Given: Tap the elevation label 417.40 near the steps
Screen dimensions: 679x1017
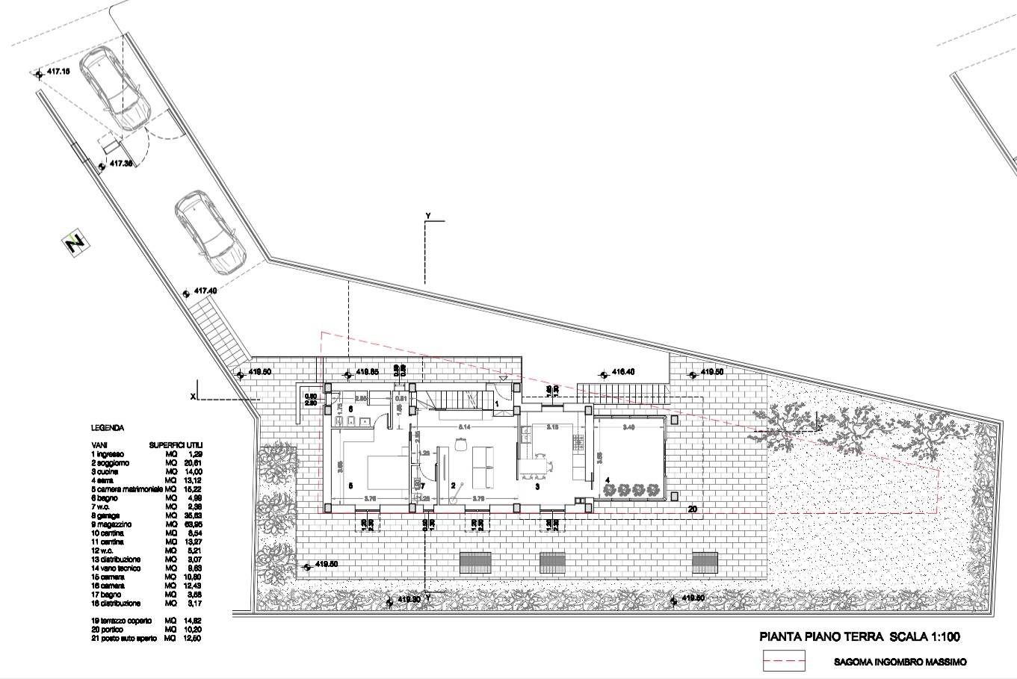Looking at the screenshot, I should pyautogui.click(x=205, y=291).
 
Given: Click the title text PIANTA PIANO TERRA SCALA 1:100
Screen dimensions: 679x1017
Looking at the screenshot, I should pyautogui.click(x=859, y=637).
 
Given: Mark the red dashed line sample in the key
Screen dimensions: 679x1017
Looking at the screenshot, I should pyautogui.click(x=784, y=661).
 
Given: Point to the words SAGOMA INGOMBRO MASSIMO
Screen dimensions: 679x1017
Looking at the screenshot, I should pyautogui.click(x=900, y=662).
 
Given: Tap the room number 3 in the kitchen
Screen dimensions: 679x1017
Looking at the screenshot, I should pyautogui.click(x=537, y=486).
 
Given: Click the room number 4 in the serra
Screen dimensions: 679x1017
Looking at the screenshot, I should pyautogui.click(x=607, y=480).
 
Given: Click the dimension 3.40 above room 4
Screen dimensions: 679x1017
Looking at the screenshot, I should pyautogui.click(x=629, y=427).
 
